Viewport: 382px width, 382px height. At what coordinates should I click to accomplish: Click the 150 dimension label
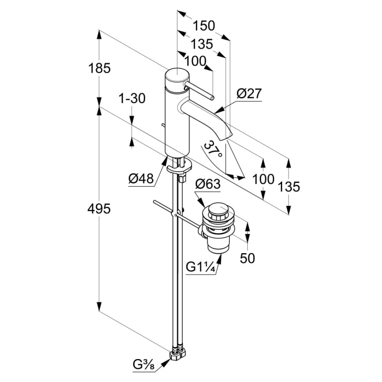click(204, 26)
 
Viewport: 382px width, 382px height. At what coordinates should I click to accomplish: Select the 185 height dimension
click(100, 69)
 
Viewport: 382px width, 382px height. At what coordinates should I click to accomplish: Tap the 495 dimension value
click(100, 208)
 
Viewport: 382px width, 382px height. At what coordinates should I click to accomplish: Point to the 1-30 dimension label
click(132, 99)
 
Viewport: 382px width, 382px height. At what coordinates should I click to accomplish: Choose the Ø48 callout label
click(140, 178)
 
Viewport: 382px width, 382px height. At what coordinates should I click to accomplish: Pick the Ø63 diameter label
click(207, 184)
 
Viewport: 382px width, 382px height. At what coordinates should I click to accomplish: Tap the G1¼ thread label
click(199, 267)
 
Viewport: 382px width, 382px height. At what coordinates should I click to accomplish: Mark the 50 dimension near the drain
click(247, 258)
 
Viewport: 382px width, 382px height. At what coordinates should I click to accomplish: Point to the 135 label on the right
click(289, 187)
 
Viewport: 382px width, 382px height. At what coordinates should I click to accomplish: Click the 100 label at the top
click(195, 61)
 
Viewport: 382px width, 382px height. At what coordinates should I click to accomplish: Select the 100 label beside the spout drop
click(263, 179)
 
